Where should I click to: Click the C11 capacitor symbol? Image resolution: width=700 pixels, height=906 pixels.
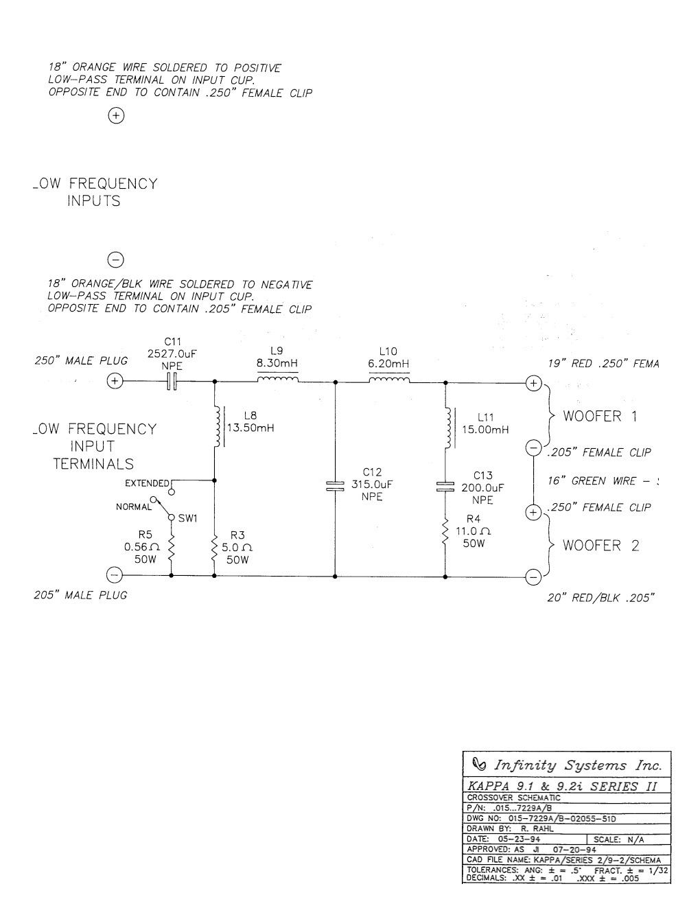[172, 382]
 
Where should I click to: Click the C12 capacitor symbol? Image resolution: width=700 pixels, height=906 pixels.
[335, 486]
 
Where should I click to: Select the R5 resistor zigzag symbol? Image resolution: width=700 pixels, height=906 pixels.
[170, 548]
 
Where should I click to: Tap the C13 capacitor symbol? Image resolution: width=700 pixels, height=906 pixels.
[445, 487]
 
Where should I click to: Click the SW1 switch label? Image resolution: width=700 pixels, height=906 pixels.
[187, 518]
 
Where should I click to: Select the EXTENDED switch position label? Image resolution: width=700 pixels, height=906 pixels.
[146, 484]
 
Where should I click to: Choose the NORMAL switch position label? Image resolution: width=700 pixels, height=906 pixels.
[133, 507]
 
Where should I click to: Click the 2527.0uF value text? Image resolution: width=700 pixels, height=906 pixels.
[172, 354]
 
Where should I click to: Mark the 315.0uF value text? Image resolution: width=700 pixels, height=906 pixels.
[371, 484]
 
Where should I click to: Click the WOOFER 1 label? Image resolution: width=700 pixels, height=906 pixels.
[601, 417]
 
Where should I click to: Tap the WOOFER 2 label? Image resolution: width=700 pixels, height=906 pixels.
[601, 546]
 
